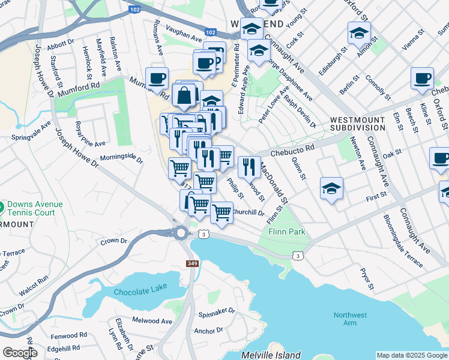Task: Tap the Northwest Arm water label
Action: coord(351,319)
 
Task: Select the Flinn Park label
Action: coord(287,232)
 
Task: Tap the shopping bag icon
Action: coord(184,95)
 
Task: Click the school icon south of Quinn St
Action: coord(331,188)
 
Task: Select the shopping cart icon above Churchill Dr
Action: coord(221,211)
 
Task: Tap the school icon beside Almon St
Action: coord(359,33)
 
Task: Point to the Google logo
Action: coord(20,353)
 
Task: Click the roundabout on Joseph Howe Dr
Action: coord(181,233)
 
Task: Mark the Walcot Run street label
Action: coord(34,280)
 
